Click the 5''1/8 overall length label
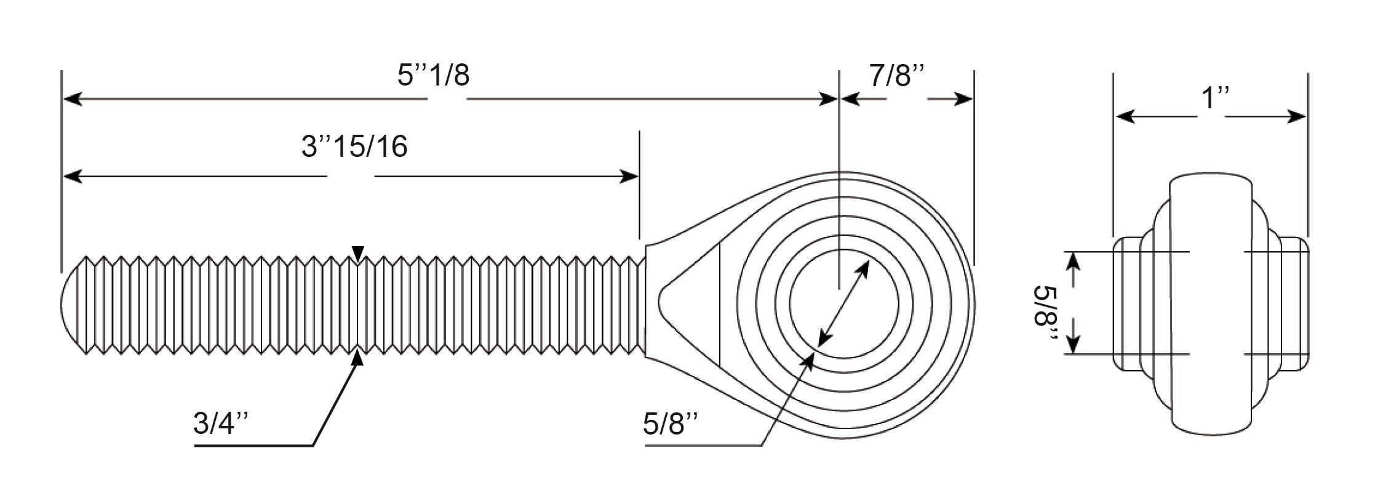pyautogui.click(x=433, y=75)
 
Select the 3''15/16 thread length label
pyautogui.click(x=354, y=147)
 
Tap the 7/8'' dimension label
pyautogui.click(x=897, y=75)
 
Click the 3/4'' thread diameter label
pyautogui.click(x=221, y=424)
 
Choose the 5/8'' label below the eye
pyautogui.click(x=671, y=424)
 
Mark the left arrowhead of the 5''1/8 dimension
pyautogui.click(x=73, y=98)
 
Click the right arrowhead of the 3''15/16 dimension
pyautogui.click(x=629, y=177)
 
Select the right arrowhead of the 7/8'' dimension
pyautogui.click(x=963, y=98)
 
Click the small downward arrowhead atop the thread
pyautogui.click(x=358, y=252)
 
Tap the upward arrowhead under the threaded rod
pyautogui.click(x=357, y=358)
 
